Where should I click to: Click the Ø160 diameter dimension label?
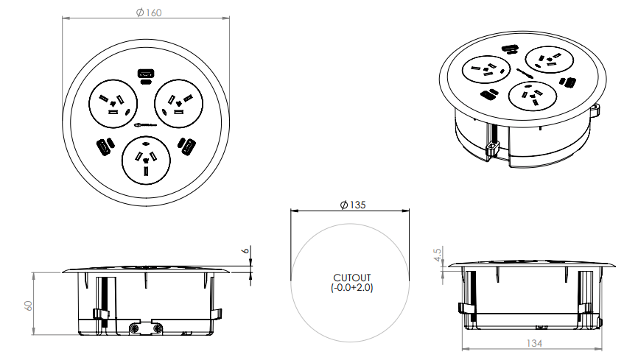click(147, 12)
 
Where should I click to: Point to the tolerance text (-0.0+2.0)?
click(352, 289)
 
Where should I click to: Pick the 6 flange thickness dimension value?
click(246, 250)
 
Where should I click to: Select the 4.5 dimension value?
click(438, 255)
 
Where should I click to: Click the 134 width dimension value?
click(535, 344)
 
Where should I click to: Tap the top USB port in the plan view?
click(146, 74)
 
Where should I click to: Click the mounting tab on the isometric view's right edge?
click(595, 110)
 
